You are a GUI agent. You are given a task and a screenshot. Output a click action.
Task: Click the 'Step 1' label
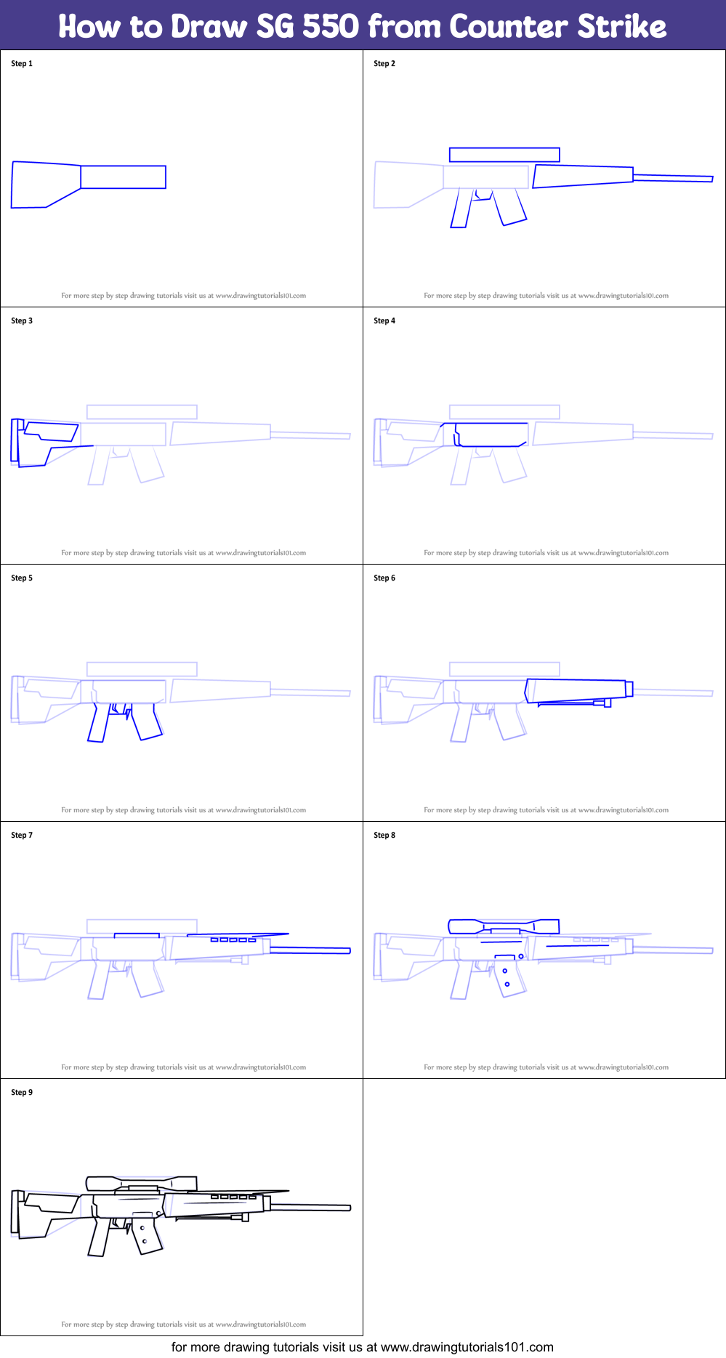click(x=22, y=63)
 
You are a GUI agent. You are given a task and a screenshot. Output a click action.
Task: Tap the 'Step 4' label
click(x=384, y=320)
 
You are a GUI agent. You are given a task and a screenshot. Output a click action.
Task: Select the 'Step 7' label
click(x=22, y=835)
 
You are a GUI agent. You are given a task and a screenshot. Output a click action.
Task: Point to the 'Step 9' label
click(x=22, y=1092)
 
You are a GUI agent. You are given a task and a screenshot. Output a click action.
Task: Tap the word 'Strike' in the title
click(x=622, y=27)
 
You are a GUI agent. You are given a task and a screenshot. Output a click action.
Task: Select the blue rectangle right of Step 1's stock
click(x=123, y=177)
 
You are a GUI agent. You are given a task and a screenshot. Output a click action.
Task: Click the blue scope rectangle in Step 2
click(x=504, y=154)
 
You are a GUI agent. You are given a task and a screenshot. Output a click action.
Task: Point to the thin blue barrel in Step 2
click(x=672, y=177)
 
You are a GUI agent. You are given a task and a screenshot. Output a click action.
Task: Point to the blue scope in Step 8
click(x=504, y=926)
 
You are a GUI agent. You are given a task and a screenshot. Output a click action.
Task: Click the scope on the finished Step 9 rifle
click(x=141, y=1182)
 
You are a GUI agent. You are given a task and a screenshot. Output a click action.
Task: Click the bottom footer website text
click(x=362, y=1347)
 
